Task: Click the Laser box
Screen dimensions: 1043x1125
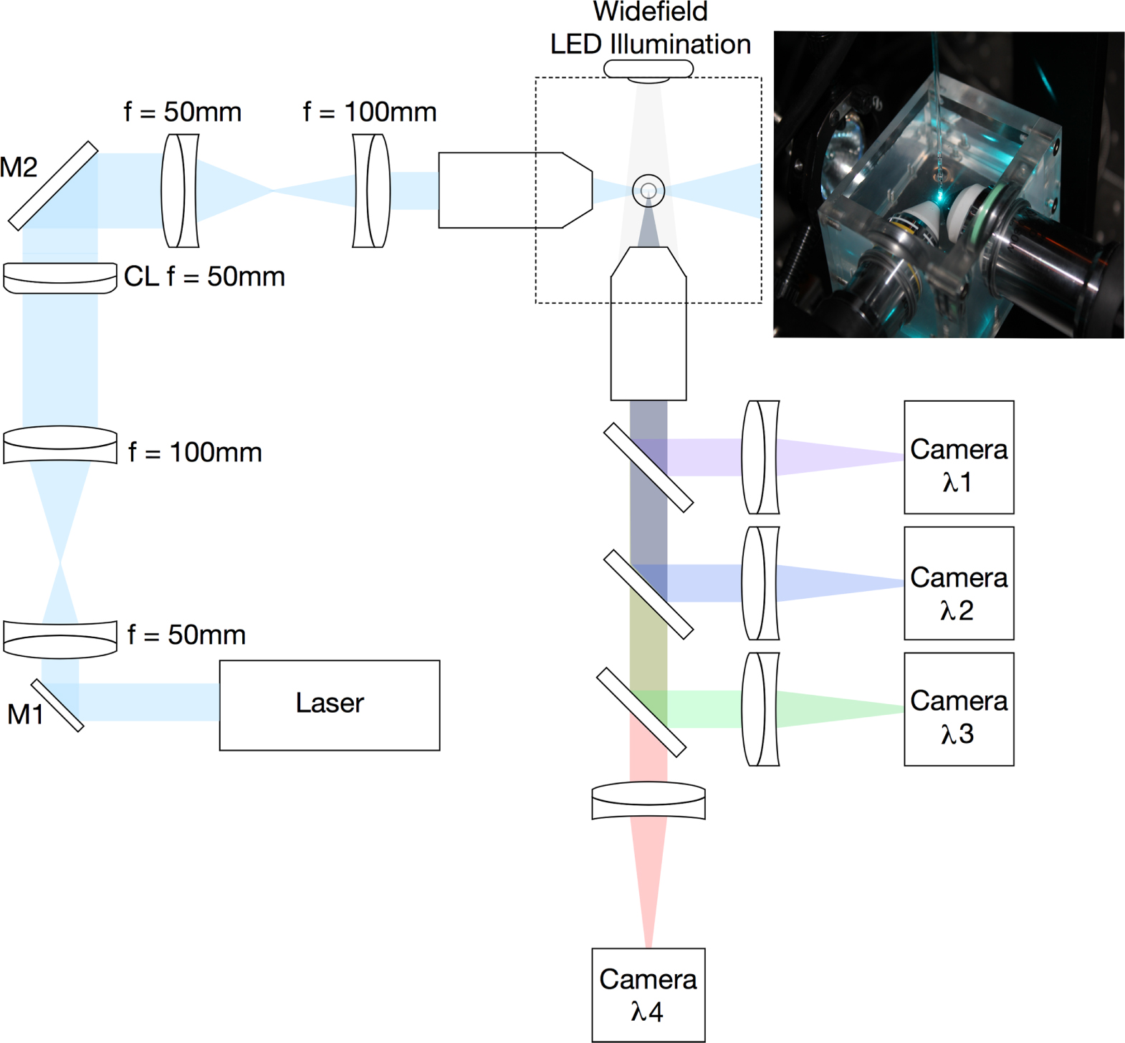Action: (329, 705)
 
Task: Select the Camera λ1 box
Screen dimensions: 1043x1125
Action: (958, 457)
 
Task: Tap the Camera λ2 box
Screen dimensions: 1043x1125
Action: (958, 583)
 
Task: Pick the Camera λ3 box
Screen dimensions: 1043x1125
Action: (958, 709)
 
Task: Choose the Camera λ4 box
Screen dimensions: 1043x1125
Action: (648, 994)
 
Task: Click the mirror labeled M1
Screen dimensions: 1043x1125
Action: (57, 706)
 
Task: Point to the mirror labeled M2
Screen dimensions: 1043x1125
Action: (52, 186)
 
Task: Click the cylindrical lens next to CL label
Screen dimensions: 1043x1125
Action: (59, 278)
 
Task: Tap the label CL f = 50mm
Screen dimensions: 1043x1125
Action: (204, 277)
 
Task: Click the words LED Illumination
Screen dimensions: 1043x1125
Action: (650, 44)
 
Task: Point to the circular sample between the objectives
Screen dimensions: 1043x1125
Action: (648, 191)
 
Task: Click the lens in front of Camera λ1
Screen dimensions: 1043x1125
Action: (760, 457)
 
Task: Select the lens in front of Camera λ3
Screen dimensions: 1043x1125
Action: (760, 709)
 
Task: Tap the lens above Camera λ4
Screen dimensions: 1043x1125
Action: (648, 801)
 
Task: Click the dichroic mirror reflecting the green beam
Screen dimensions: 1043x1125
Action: (641, 712)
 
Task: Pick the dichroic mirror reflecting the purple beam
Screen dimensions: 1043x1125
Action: (648, 467)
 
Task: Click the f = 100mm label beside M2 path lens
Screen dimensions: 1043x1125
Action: (369, 112)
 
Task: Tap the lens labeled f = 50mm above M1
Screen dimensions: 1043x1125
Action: (59, 639)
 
